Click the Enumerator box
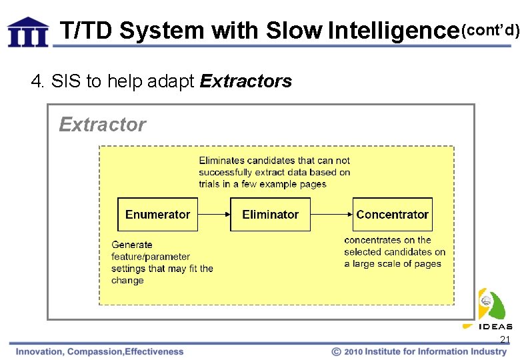coord(157,215)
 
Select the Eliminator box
coord(270,215)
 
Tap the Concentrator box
coord(392,215)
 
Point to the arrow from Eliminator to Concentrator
coord(331,215)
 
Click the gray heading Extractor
coord(102,125)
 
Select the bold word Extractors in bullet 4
coord(245,81)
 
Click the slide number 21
coord(505,340)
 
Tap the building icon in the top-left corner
coord(28,31)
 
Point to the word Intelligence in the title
coord(393,31)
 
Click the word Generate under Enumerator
coord(132,245)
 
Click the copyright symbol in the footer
coord(337,351)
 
